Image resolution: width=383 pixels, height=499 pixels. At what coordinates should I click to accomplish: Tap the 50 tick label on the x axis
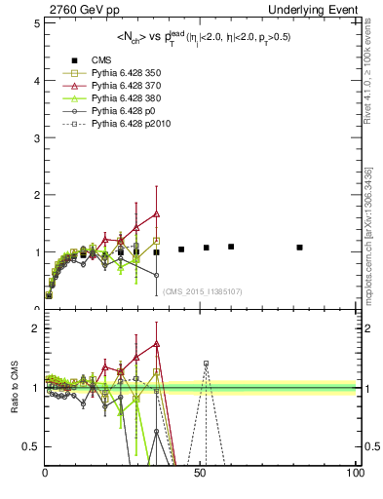pyautogui.click(x=201, y=474)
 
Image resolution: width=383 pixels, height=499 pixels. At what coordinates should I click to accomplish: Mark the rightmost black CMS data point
pyautogui.click(x=299, y=248)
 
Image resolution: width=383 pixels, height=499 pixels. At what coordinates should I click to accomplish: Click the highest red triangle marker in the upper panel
pyautogui.click(x=156, y=213)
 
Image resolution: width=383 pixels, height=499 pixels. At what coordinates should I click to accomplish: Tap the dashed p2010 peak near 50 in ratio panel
pyautogui.click(x=206, y=363)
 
